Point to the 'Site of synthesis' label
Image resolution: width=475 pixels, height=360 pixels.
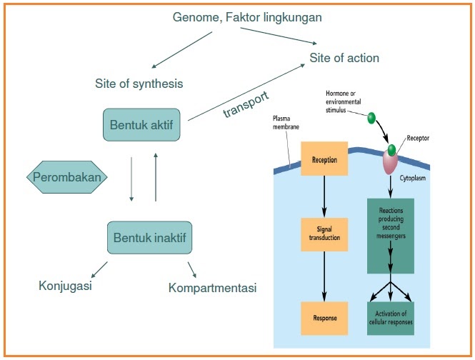(139, 84)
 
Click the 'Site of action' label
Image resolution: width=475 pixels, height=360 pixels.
(344, 58)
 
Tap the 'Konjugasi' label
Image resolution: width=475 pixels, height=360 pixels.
(66, 286)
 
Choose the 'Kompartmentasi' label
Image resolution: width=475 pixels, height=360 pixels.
(213, 288)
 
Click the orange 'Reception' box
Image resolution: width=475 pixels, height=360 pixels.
(324, 160)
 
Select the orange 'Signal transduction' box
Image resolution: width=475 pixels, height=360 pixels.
(324, 234)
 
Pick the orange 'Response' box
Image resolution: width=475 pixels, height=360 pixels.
(324, 315)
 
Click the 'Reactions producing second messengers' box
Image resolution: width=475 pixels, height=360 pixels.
(390, 236)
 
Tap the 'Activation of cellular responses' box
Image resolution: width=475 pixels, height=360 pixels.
(390, 317)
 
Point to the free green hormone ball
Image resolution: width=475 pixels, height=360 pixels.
(371, 116)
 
